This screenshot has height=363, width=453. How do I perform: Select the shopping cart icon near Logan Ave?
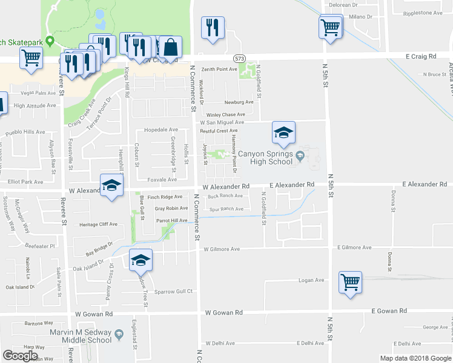350,282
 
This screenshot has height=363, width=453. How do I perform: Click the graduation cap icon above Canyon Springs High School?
282,133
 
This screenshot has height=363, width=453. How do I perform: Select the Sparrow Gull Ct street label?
173,291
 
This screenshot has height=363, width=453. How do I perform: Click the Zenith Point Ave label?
219,70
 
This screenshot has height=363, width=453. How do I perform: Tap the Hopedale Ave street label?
161,129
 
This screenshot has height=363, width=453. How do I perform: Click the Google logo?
20,356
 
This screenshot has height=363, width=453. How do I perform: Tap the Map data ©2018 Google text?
415,358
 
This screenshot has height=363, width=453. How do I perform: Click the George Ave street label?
435,327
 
